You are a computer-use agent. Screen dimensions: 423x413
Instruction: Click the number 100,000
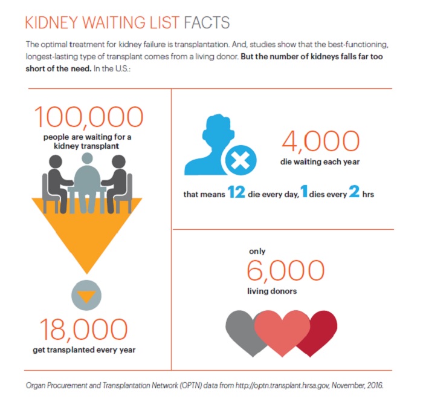point(89,117)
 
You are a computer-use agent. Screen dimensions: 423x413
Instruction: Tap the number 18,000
point(83,330)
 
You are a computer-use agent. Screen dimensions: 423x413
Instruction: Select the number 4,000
point(321,141)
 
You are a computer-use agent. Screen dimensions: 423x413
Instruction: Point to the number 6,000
point(286,270)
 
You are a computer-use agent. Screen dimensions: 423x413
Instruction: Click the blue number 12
point(236,192)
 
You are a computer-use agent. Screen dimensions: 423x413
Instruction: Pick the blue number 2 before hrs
point(354,192)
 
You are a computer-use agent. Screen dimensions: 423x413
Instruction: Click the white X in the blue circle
point(241,160)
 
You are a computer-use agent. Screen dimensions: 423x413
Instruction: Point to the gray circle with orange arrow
point(86,295)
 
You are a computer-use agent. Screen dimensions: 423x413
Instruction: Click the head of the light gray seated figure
point(87,158)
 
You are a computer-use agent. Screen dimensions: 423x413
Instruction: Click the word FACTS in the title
point(207,22)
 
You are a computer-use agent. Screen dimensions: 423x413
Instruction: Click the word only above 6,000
point(257,252)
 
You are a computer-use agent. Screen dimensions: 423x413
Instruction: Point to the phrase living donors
point(272,291)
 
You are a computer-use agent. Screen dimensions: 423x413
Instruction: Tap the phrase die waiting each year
point(320,162)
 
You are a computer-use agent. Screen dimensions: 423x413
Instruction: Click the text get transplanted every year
point(84,350)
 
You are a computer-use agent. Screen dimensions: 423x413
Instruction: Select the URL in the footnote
point(282,385)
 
